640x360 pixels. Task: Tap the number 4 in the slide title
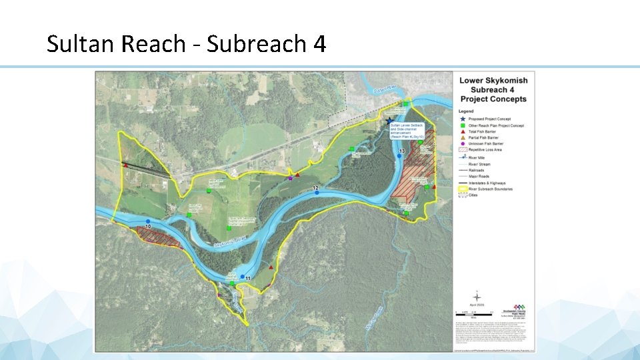[x=319, y=44]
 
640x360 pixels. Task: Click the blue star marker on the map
[x=390, y=121]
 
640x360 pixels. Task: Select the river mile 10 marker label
[x=147, y=227]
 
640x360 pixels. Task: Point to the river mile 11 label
[x=247, y=278]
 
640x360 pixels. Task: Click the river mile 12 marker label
[x=316, y=189]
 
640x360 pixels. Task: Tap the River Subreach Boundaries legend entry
[x=496, y=189]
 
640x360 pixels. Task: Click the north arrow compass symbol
[x=477, y=297]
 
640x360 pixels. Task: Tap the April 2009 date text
[x=477, y=305]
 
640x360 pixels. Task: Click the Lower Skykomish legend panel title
[x=493, y=89]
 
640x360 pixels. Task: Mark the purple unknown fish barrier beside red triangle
[x=290, y=178]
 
